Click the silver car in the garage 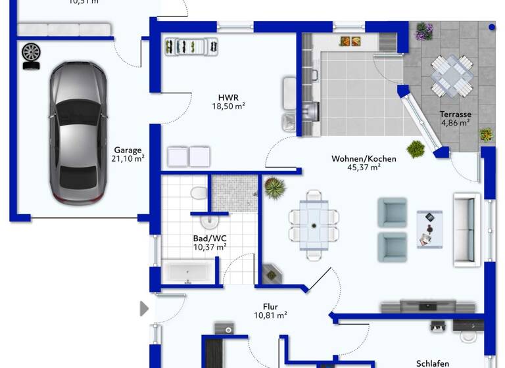[78, 131]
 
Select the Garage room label [128, 150]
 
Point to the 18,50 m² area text [228, 106]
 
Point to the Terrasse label [455, 114]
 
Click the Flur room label [270, 306]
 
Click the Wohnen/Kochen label [364, 158]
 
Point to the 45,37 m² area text [364, 168]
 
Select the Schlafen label [432, 363]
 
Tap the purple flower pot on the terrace [423, 31]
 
